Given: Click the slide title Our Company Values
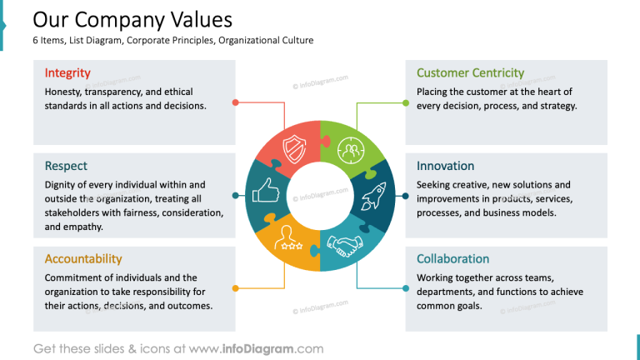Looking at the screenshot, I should pyautogui.click(x=132, y=19).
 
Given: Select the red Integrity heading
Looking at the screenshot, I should pyautogui.click(x=67, y=73).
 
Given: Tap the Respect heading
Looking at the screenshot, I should pyautogui.click(x=66, y=166).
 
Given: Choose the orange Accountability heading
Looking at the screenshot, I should pyautogui.click(x=83, y=258).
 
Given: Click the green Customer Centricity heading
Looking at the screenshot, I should pyautogui.click(x=470, y=73).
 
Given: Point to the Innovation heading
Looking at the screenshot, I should pyautogui.click(x=445, y=166).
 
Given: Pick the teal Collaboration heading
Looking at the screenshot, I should pyautogui.click(x=452, y=258).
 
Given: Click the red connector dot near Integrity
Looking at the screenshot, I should pyautogui.click(x=236, y=102).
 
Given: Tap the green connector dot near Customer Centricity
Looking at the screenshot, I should pyautogui.click(x=406, y=102).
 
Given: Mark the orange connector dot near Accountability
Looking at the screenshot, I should pyautogui.click(x=236, y=288).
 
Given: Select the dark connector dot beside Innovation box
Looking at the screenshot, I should pyautogui.click(x=406, y=196).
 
